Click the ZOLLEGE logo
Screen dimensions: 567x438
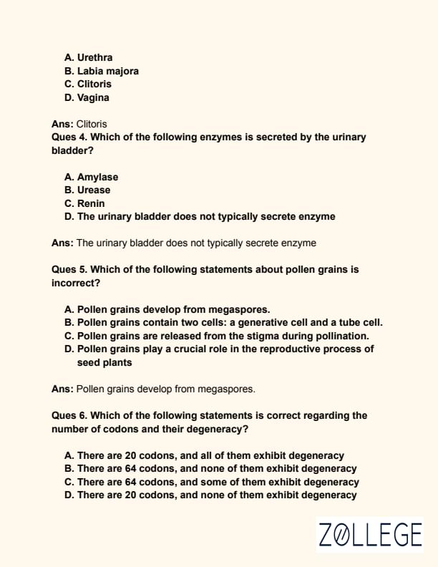[370, 535]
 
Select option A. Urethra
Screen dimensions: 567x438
[88, 57]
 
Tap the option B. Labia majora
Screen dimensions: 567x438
[101, 71]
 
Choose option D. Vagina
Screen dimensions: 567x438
[87, 97]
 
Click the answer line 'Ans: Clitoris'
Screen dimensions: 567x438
[79, 124]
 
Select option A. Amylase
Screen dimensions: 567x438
[91, 177]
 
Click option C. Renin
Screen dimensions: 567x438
[84, 203]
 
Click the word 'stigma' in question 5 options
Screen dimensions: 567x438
[273, 336]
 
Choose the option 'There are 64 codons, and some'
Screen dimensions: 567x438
[212, 482]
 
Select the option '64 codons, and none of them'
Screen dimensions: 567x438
[210, 468]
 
